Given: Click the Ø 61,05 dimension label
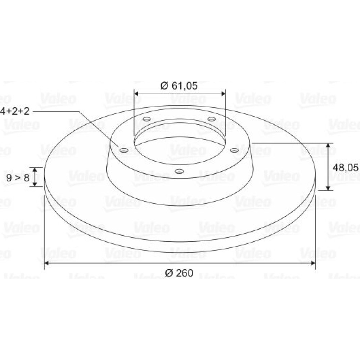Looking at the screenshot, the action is tap(179, 86).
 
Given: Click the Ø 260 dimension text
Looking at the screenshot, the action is tap(179, 273).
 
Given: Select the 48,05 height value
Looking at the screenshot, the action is tap(345, 168).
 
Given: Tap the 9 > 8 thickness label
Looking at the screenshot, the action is tap(18, 178).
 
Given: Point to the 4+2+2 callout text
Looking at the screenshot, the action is tap(15, 111).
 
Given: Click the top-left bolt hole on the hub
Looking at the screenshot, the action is tap(147, 119).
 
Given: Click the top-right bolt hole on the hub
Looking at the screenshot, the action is tap(211, 119).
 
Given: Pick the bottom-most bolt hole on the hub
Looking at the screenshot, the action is tap(179, 171).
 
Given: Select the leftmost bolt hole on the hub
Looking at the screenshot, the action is tap(124, 150).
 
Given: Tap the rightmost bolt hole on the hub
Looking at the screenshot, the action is tap(234, 150).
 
